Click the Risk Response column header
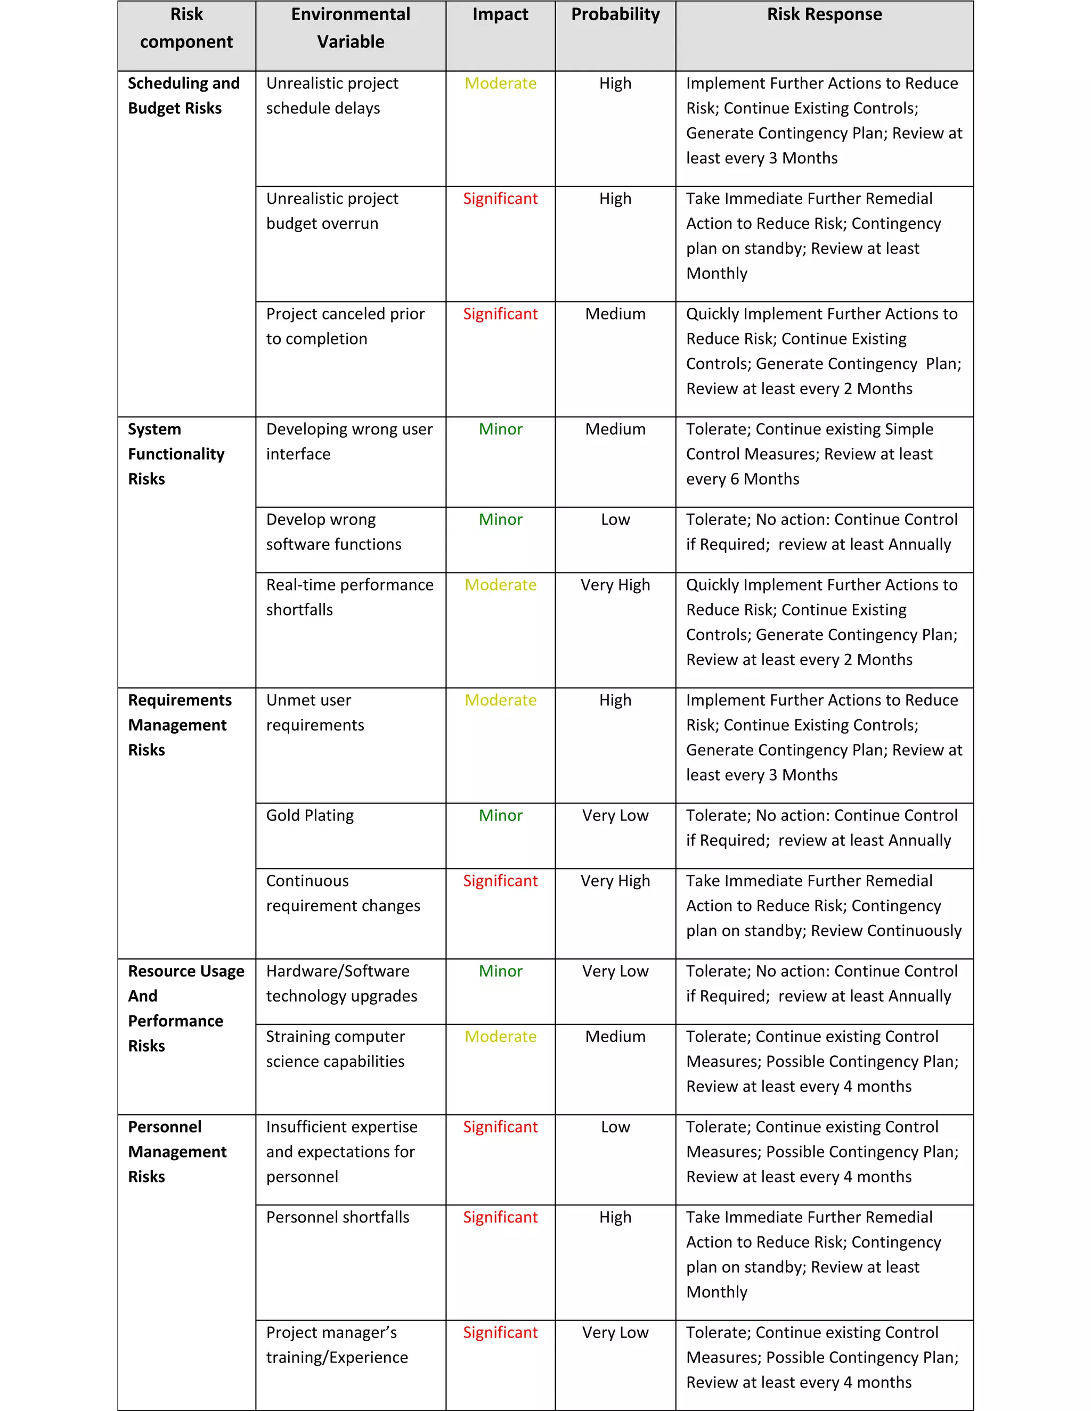(x=824, y=15)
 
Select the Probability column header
(x=615, y=15)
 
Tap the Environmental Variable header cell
(x=351, y=28)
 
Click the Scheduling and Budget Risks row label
(x=184, y=96)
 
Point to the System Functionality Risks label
(x=176, y=454)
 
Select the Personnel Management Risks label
(x=177, y=1151)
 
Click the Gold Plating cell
(x=310, y=815)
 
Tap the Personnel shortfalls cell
(x=337, y=1217)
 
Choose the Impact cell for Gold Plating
(x=500, y=815)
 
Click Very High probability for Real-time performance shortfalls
(x=615, y=585)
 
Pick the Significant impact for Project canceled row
(x=500, y=314)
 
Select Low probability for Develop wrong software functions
(x=615, y=520)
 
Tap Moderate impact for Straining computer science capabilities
(x=500, y=1036)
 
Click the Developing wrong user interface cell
(x=349, y=441)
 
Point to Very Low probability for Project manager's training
(x=615, y=1332)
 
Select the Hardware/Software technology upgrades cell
(x=341, y=983)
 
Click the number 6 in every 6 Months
(x=734, y=479)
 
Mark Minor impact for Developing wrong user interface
(x=500, y=429)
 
